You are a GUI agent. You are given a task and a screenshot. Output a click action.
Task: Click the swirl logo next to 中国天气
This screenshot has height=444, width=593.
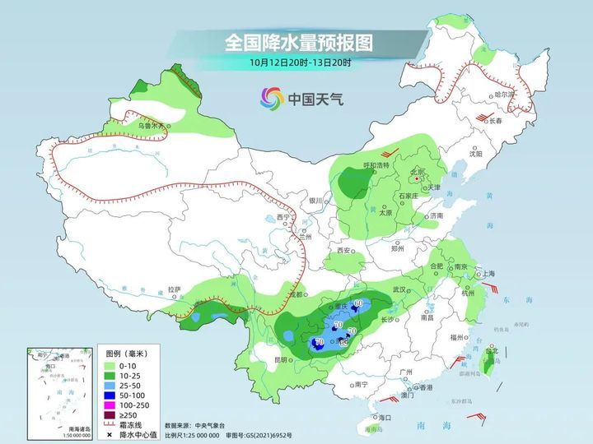[271, 98]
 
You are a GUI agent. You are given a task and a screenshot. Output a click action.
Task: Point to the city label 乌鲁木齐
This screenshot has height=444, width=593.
[152, 126]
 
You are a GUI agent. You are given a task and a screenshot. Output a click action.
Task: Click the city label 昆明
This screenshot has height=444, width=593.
[282, 359]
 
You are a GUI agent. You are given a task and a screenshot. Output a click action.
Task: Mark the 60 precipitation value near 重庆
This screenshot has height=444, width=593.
[358, 304]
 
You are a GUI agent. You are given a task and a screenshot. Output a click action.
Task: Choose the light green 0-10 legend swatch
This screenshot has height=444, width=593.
[109, 363]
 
